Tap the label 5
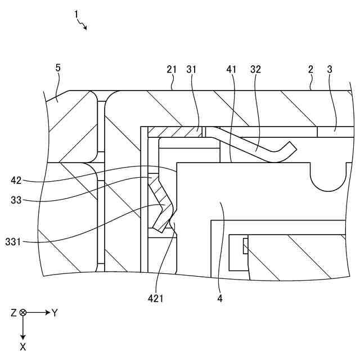57,68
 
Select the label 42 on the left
16,181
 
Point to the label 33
16,199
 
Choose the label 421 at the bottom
155,299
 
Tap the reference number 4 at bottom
220,299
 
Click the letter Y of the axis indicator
55,313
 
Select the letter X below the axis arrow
23,347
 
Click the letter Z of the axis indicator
13,313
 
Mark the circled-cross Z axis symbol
23,313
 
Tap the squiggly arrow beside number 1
83,25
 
